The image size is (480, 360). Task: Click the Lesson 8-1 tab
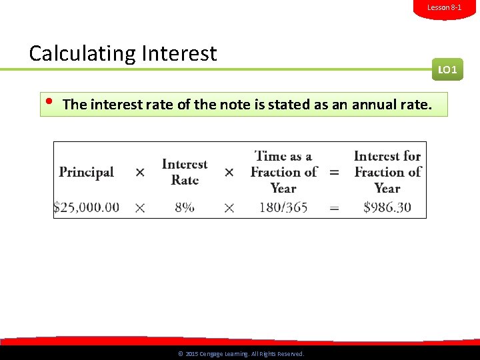pyautogui.click(x=444, y=7)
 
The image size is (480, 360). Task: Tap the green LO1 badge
pyautogui.click(x=447, y=69)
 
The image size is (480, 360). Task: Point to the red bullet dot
pyautogui.click(x=49, y=102)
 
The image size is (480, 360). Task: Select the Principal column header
pyautogui.click(x=86, y=172)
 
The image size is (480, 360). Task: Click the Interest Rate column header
pyautogui.click(x=185, y=172)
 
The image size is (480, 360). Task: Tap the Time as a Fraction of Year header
pyautogui.click(x=283, y=172)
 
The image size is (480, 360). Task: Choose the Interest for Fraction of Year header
pyautogui.click(x=387, y=172)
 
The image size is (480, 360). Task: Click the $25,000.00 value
pyautogui.click(x=87, y=207)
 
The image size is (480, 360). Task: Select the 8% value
pyautogui.click(x=185, y=207)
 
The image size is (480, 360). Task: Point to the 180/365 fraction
pyautogui.click(x=283, y=207)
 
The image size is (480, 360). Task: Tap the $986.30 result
pyautogui.click(x=387, y=207)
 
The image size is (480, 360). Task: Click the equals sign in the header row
pyautogui.click(x=334, y=173)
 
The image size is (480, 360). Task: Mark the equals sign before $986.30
pyautogui.click(x=334, y=208)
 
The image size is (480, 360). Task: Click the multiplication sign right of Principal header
pyautogui.click(x=140, y=173)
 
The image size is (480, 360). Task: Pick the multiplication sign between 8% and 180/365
pyautogui.click(x=229, y=208)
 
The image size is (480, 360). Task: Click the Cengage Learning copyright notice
pyautogui.click(x=241, y=354)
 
